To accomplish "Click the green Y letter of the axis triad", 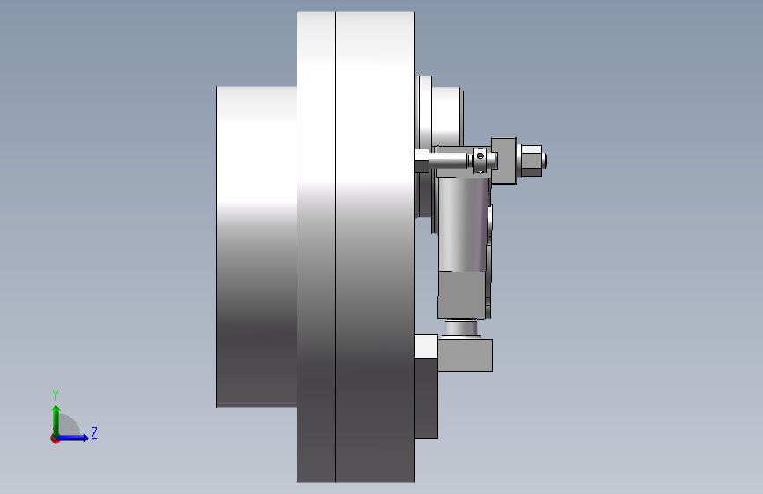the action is point(55,396).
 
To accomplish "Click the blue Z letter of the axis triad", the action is point(94,432).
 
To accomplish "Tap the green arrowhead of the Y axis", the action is point(56,409).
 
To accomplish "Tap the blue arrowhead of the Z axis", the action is point(85,438).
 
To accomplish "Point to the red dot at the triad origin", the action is point(55,439).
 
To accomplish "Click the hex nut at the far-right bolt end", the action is point(532,161).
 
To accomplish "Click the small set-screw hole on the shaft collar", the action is point(481,156).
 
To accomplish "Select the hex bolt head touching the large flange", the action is point(422,161).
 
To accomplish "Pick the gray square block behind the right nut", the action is point(503,161).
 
